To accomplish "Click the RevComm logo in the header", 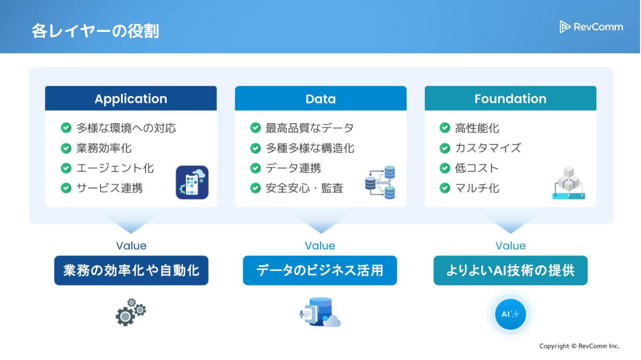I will [591, 27].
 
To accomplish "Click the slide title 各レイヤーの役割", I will [95, 31].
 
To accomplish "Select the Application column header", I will [131, 99].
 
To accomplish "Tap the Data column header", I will [320, 99].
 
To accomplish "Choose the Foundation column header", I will [510, 99].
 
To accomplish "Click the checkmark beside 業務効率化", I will [66, 148].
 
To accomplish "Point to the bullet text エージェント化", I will [115, 168].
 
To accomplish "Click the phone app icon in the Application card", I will [192, 182].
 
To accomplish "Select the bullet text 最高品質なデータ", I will [310, 128].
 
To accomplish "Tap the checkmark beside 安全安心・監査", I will [255, 188].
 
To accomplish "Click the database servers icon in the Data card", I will [380, 182].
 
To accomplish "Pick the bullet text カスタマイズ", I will [488, 148].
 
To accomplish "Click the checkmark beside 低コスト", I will [445, 168].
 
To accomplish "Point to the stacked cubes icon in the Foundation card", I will [569, 182].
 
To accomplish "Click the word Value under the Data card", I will [320, 246].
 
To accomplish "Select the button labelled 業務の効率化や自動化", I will [131, 270].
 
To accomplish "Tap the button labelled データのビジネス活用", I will [320, 270].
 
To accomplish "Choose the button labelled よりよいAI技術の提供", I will [510, 270].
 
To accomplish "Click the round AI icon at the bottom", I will [510, 314].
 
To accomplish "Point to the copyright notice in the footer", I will [579, 346].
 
